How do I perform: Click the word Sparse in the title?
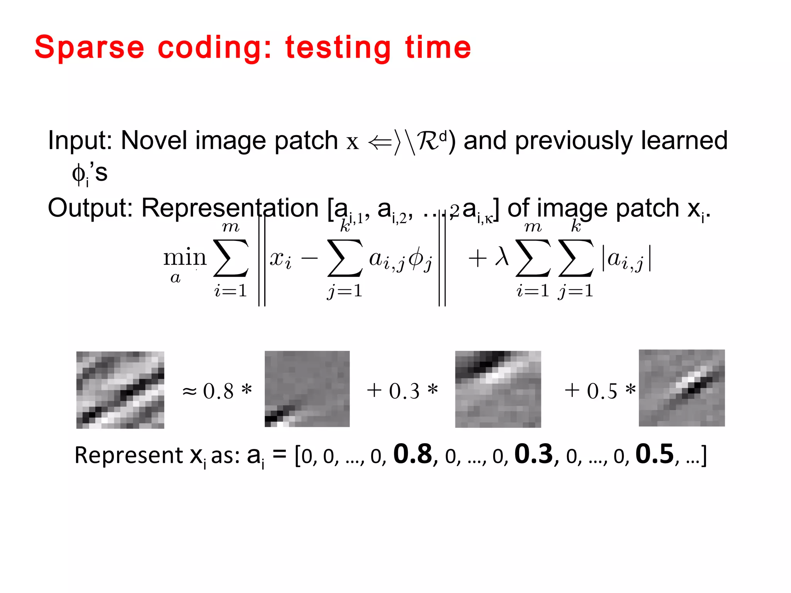point(89,48)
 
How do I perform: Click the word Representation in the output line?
point(230,208)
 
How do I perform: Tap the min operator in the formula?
point(185,258)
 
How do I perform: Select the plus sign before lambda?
point(477,258)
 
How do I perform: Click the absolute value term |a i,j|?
point(626,259)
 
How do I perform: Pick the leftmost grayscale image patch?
point(120,390)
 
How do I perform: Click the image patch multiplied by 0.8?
point(307,389)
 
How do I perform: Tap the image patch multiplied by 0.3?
point(498,389)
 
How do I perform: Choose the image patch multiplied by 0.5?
point(682,388)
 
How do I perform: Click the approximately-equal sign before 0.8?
point(190,391)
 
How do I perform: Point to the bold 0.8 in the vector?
point(412,454)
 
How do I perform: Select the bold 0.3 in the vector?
point(534,454)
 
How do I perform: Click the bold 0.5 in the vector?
point(655,454)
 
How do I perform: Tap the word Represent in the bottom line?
point(129,456)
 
